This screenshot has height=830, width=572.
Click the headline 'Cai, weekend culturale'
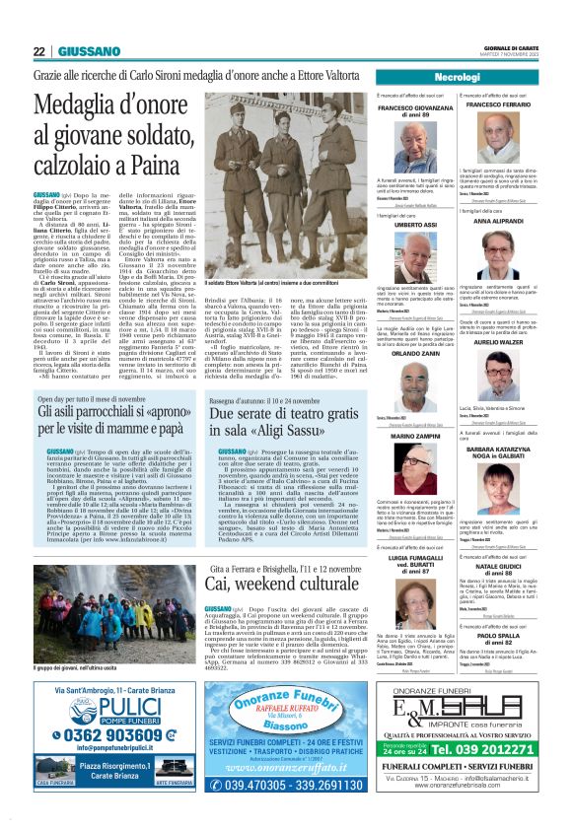[x=266, y=583]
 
